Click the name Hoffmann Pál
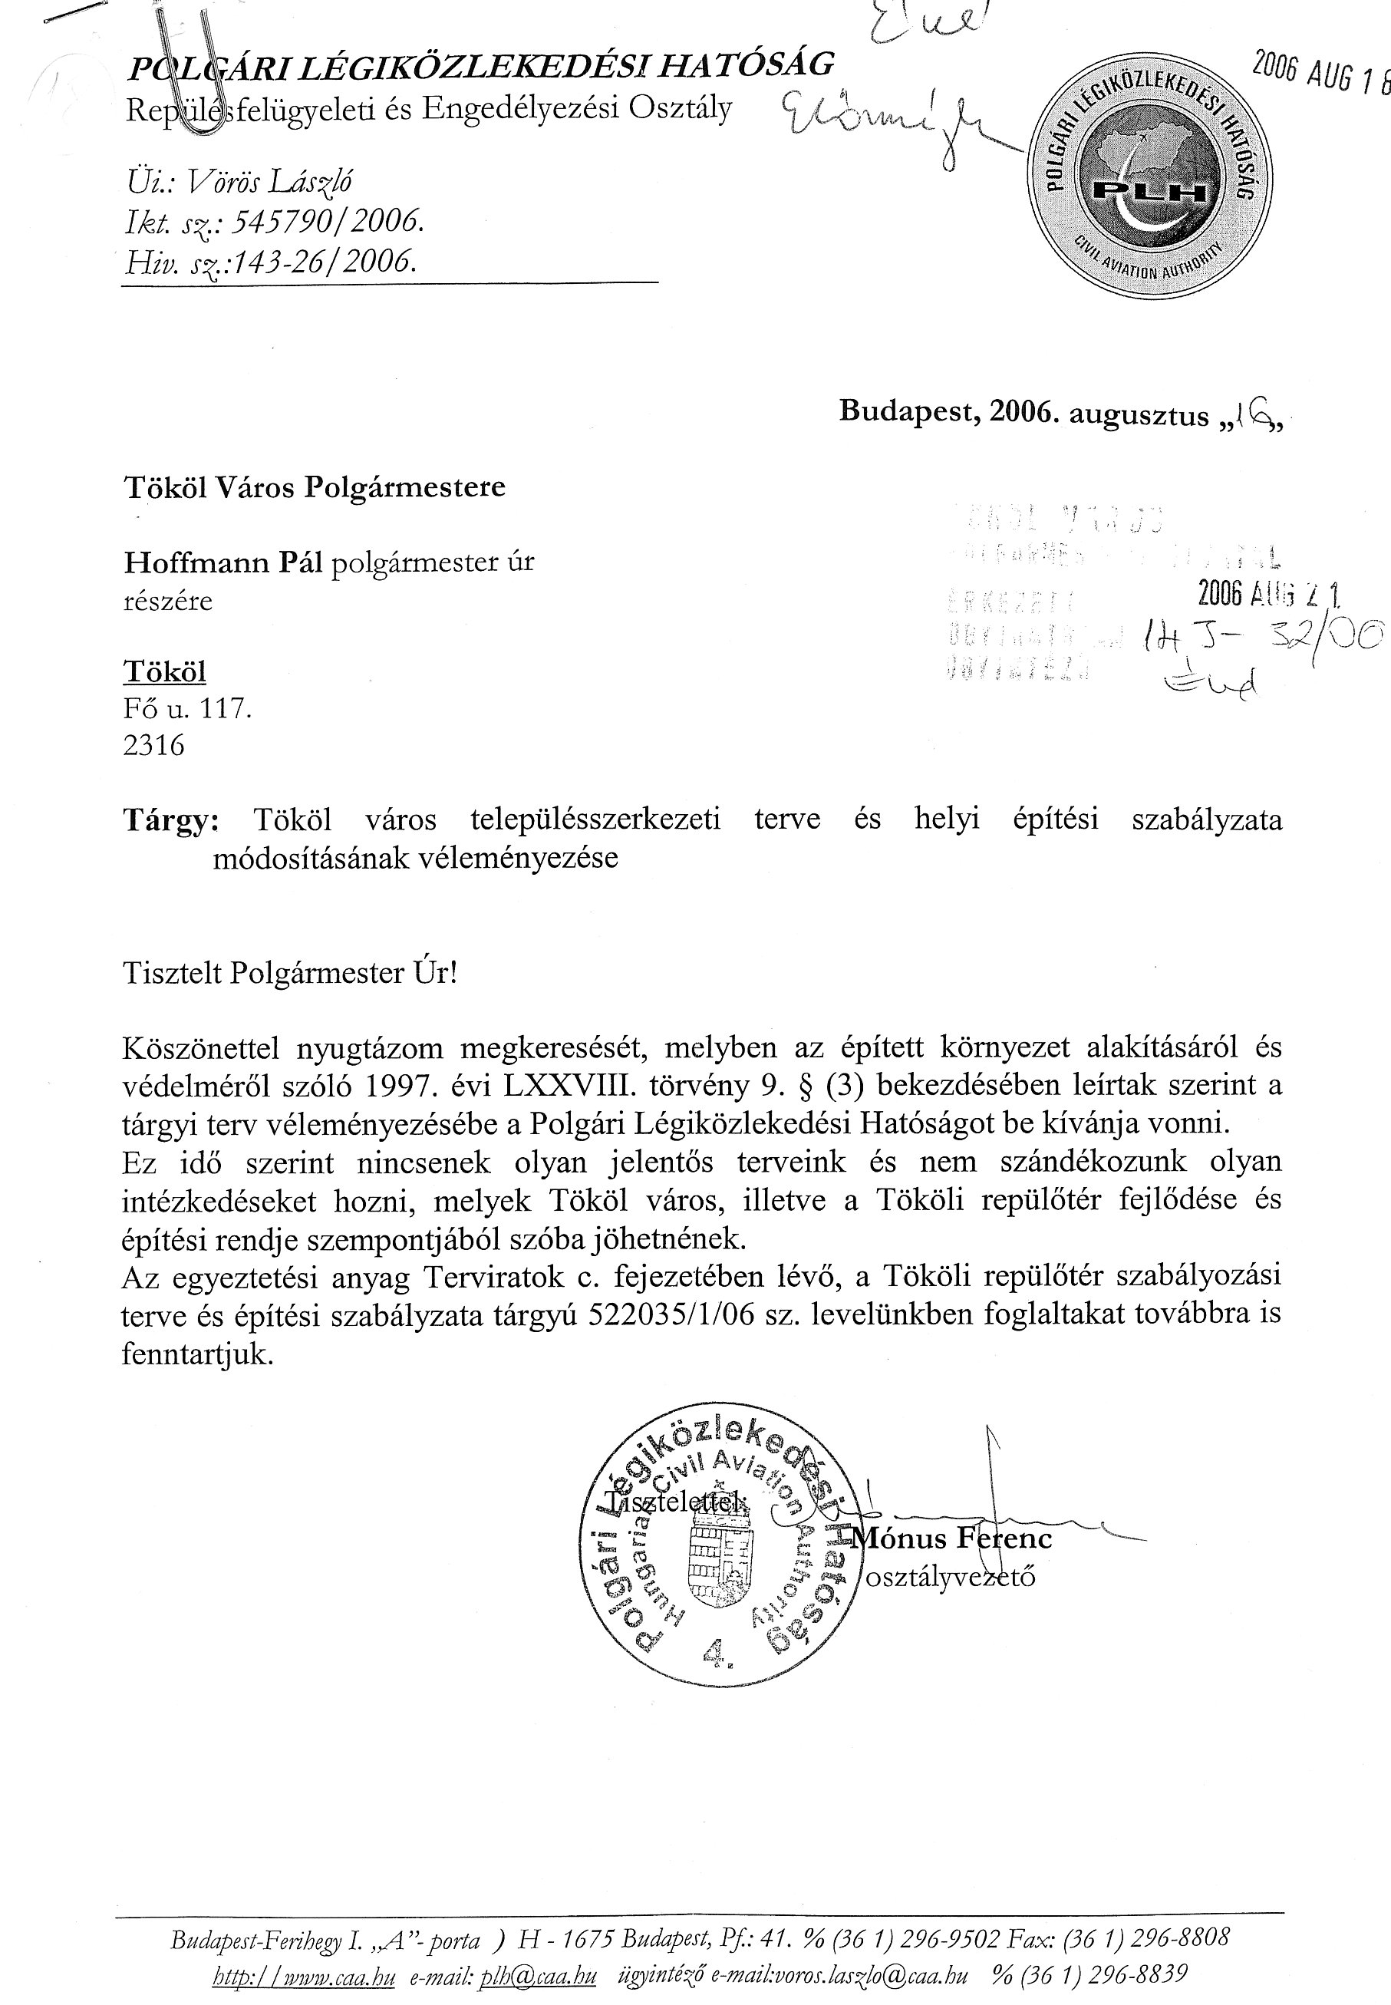click(223, 562)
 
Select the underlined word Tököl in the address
click(165, 672)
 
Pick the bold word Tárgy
click(172, 820)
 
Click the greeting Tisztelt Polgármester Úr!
click(290, 973)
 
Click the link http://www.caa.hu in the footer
click(303, 1977)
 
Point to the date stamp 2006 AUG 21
click(1268, 595)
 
